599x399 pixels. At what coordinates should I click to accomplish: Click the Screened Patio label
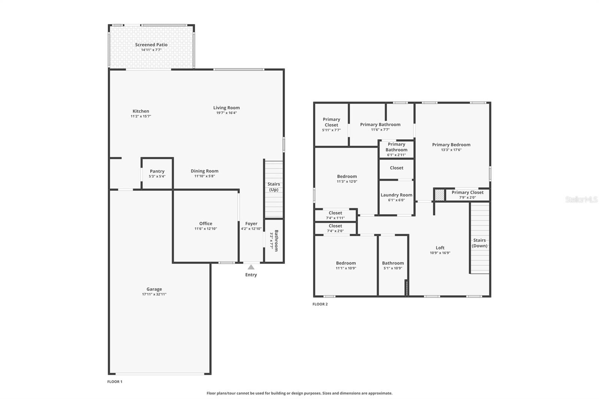pos(151,45)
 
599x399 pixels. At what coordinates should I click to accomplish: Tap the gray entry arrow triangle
pos(251,267)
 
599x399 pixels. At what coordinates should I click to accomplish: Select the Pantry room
pos(157,173)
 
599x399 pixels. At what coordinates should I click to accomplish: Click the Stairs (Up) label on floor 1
pos(274,187)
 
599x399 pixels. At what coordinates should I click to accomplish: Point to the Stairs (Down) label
pos(480,243)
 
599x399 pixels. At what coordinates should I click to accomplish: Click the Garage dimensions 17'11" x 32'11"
pos(154,294)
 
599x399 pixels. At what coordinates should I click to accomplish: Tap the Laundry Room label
pos(396,195)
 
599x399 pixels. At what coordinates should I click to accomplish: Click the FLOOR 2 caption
pos(320,304)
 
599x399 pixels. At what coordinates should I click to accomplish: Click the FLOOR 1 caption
pos(115,382)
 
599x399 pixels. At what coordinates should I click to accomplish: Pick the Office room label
pos(206,223)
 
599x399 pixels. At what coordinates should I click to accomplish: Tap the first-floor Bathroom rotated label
pos(276,241)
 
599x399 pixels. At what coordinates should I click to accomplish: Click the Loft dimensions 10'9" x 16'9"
pos(440,253)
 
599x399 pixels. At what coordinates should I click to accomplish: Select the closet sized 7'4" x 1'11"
pos(335,215)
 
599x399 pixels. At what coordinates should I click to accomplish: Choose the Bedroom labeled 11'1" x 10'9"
pos(346,265)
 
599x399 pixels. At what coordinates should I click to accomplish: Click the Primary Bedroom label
pos(451,145)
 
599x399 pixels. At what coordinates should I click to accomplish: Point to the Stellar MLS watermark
pos(581,199)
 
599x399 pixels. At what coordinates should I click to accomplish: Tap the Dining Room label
pos(204,171)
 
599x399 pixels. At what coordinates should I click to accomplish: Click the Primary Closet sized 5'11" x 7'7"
pos(331,125)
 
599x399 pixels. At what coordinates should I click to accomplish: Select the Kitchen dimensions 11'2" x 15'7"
pos(141,116)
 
